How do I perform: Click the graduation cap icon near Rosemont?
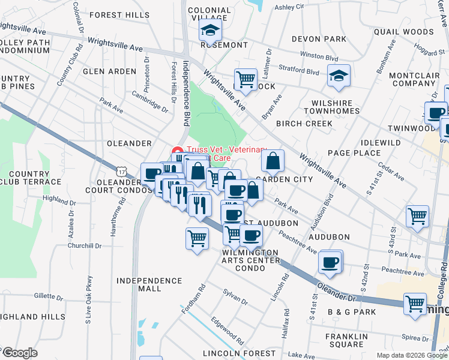click(211, 30)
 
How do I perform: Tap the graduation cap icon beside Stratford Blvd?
click(339, 76)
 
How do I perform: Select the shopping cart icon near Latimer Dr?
click(245, 79)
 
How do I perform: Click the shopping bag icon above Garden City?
click(273, 160)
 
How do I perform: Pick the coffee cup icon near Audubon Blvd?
click(330, 262)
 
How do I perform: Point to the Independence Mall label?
click(149, 284)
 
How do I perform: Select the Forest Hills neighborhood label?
click(119, 14)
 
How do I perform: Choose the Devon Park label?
click(319, 39)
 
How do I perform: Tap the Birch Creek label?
click(304, 124)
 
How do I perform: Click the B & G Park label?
click(352, 312)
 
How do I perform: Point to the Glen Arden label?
click(110, 71)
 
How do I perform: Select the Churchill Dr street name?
click(85, 246)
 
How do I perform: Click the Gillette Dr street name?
click(44, 296)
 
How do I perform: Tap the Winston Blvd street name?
click(316, 55)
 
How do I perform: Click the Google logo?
click(20, 353)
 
